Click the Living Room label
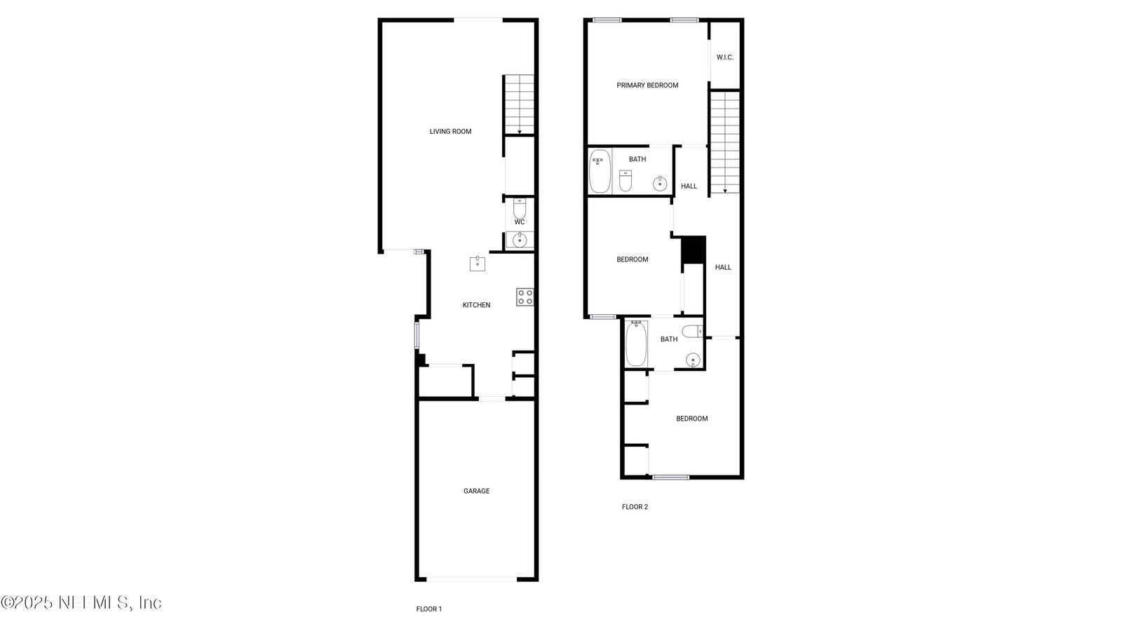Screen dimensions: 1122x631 (450, 132)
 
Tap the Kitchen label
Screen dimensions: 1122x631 (476, 305)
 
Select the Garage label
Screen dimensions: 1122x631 (476, 491)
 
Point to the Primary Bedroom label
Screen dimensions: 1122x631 (647, 86)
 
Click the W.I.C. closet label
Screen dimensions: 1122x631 (725, 57)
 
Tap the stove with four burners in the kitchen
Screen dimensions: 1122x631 (525, 297)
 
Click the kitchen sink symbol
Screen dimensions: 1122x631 (478, 264)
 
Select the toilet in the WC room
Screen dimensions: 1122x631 (520, 208)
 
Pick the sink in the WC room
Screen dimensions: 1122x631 (520, 240)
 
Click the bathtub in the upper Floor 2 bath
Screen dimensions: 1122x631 (600, 171)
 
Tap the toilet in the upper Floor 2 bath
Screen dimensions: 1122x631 (625, 181)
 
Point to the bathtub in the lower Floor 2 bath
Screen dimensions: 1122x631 (636, 344)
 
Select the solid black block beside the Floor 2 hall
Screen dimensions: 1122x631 (694, 250)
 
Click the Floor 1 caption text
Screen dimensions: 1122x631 (428, 609)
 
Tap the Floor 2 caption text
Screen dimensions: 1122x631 (635, 507)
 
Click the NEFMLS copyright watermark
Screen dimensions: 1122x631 (81, 602)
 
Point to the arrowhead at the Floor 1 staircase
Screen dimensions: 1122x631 (520, 133)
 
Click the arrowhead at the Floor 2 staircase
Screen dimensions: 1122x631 (725, 191)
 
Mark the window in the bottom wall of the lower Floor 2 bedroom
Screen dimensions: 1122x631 (670, 477)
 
